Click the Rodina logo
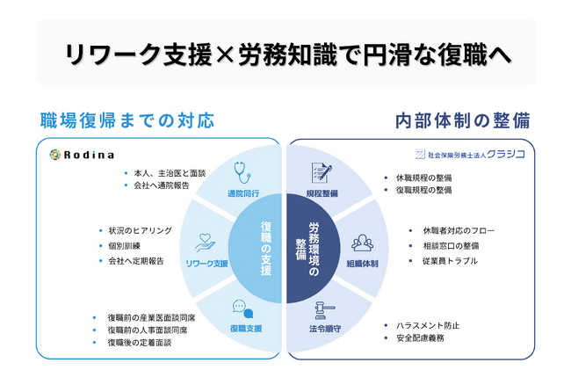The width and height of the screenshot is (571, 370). coord(82,155)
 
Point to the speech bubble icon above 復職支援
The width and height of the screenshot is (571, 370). coord(242,308)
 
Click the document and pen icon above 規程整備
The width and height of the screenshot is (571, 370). coord(321,172)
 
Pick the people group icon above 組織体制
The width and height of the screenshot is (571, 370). coord(362,242)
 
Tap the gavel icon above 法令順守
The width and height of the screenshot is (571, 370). coord(322,308)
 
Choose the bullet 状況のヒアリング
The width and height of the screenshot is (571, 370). coord(140,230)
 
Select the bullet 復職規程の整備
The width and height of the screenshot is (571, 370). coord(423,189)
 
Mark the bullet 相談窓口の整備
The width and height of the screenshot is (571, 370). coord(451,246)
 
